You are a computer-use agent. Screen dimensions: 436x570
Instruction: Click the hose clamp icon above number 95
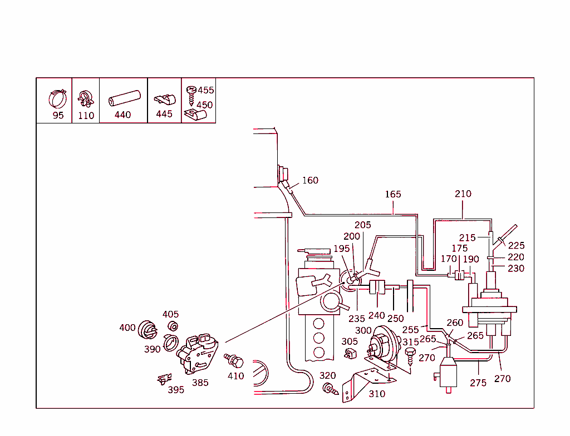(x=57, y=98)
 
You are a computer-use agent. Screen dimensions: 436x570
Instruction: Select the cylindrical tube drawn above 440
(x=122, y=99)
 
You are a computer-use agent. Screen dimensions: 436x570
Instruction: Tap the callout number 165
(x=393, y=194)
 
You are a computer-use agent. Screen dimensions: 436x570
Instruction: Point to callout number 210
(x=463, y=194)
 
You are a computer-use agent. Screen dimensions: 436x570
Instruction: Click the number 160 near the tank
(x=310, y=180)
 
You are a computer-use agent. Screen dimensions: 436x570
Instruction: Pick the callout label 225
(x=516, y=245)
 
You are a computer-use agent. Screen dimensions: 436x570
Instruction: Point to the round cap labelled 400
(x=146, y=330)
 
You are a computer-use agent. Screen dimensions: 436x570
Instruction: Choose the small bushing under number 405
(x=173, y=326)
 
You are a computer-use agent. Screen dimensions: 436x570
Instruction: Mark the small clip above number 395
(x=162, y=379)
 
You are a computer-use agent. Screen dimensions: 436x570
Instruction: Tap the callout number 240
(x=376, y=316)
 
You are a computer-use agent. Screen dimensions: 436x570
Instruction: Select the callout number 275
(x=478, y=383)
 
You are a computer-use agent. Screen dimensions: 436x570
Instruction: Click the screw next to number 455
(x=191, y=91)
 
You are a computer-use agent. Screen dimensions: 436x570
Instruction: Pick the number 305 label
(x=350, y=341)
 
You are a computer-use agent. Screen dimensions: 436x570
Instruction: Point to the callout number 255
(x=410, y=330)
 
